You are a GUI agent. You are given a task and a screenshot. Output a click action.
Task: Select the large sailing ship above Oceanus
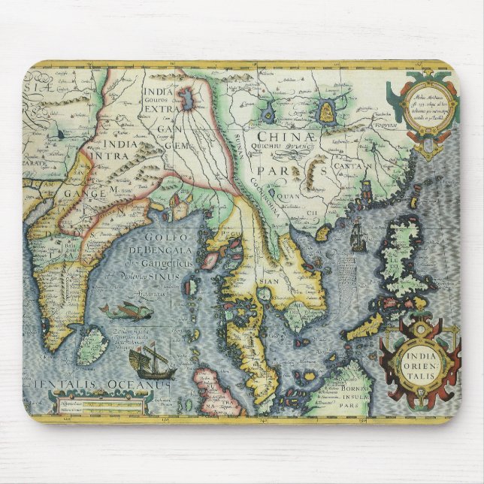[150, 361]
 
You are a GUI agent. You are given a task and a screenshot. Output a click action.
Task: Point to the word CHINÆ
[283, 137]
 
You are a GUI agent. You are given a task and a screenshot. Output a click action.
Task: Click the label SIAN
[269, 284]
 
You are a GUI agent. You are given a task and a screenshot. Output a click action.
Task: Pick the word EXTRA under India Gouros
[159, 110]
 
